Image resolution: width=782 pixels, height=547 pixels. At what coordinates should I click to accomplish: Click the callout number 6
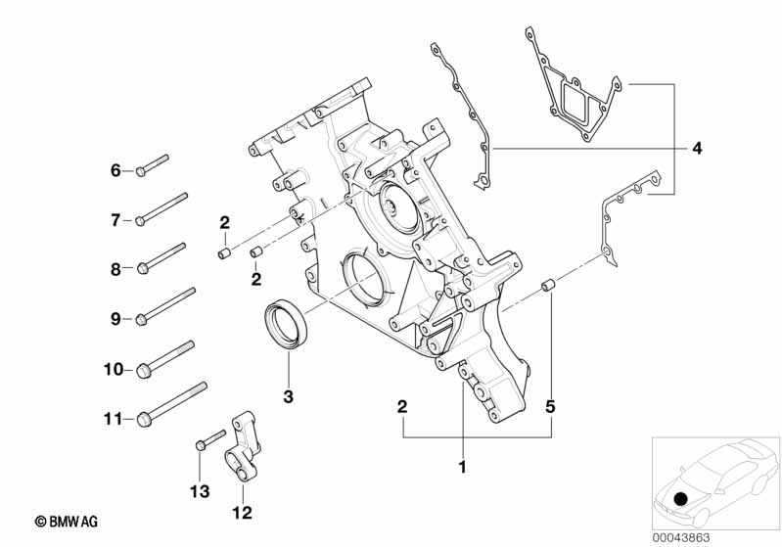115,171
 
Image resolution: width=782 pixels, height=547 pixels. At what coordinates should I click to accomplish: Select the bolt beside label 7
162,208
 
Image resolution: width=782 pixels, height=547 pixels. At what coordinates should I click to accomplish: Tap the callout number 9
115,318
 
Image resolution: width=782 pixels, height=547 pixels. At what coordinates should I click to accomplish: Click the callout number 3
289,395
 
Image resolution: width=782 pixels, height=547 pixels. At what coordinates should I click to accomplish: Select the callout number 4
696,149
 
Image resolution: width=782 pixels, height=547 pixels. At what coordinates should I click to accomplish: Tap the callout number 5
551,405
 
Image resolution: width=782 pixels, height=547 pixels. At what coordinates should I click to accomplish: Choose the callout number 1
462,468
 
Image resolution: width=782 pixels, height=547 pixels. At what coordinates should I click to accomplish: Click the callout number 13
200,492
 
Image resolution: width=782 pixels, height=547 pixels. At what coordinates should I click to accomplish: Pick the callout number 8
115,269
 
